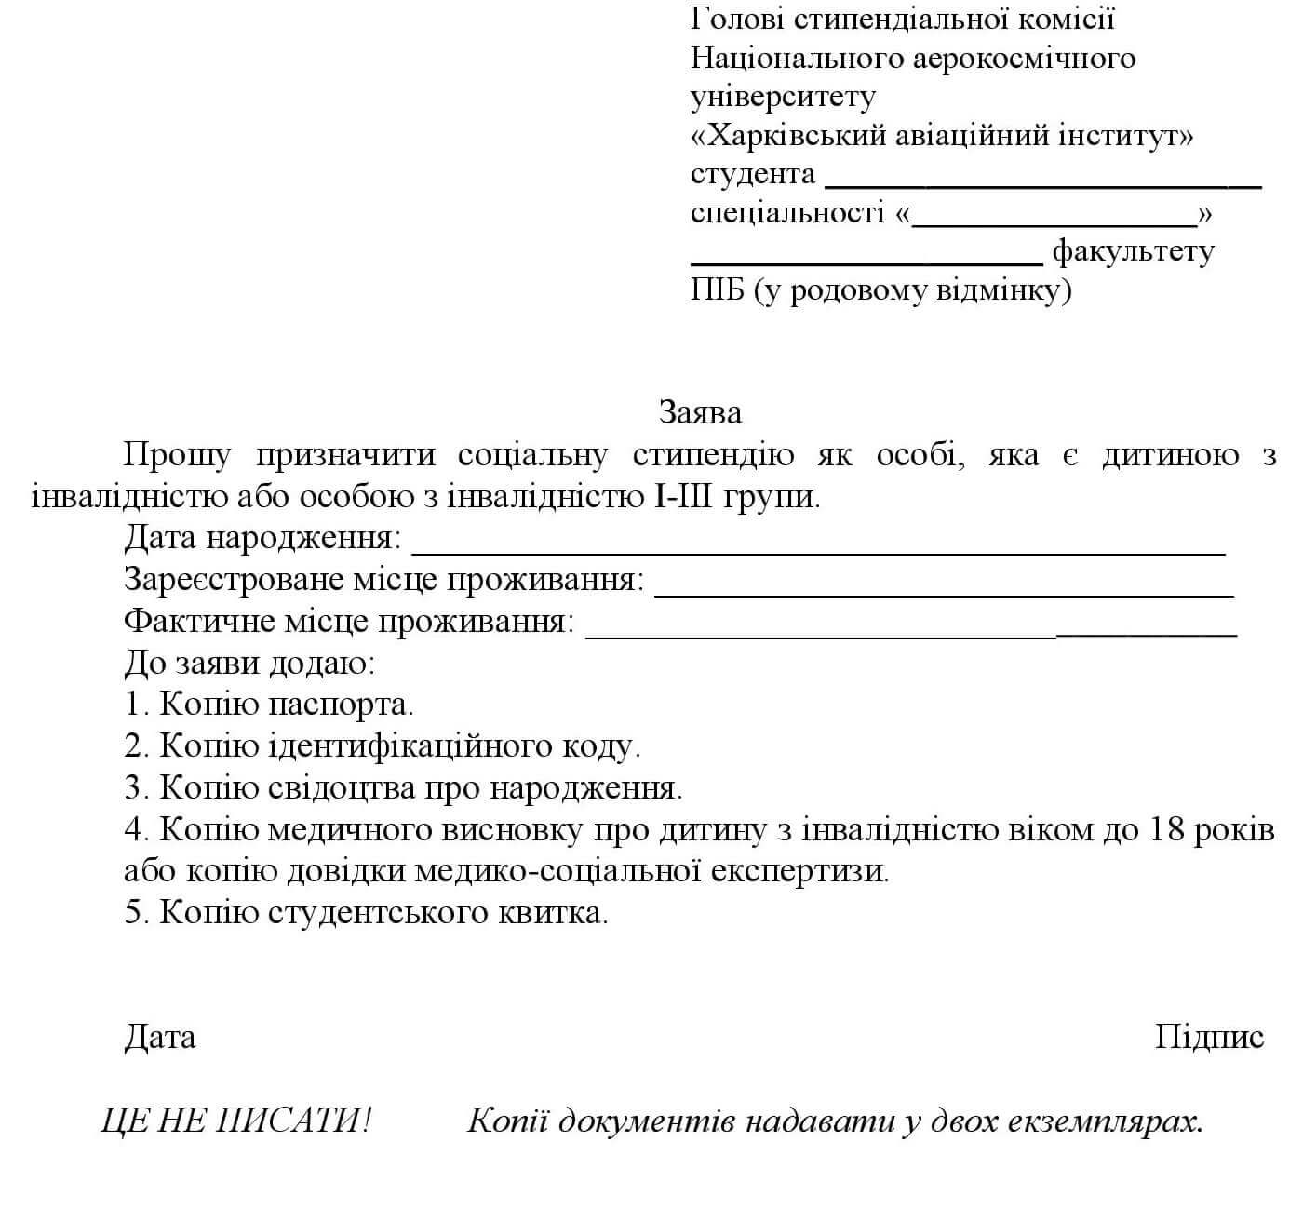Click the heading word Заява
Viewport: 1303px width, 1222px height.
coord(700,411)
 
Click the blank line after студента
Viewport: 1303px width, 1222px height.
coord(1042,184)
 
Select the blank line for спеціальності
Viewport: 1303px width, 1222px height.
coord(1054,224)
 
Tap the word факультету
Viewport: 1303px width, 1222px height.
coord(1133,252)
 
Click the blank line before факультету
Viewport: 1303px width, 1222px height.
coord(866,262)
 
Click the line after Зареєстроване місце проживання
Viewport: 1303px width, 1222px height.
coord(945,592)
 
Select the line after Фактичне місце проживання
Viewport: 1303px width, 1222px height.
coord(912,634)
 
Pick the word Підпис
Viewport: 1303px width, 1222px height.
coord(1209,1037)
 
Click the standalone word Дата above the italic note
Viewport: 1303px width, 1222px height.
coord(160,1037)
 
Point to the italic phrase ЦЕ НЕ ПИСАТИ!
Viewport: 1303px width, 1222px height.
coord(235,1121)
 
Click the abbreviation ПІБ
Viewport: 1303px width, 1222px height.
coord(718,291)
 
